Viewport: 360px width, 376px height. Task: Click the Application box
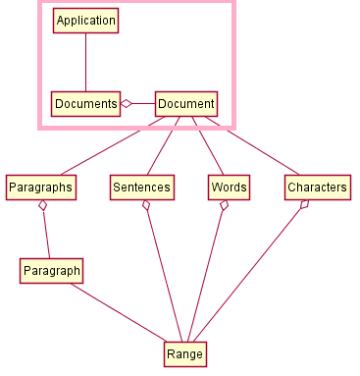point(85,21)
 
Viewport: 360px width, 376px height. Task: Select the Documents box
point(85,103)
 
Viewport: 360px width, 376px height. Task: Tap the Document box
point(185,103)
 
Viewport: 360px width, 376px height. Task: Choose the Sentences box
point(141,187)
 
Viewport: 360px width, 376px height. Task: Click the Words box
point(229,187)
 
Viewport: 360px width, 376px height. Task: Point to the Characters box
point(317,187)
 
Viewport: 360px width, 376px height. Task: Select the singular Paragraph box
point(51,270)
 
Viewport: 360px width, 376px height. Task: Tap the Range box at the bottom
point(184,353)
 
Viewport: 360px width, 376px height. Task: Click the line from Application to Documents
point(85,62)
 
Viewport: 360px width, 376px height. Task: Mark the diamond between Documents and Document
point(126,103)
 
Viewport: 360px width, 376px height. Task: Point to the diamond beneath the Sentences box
point(146,206)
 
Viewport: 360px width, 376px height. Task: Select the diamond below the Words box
point(225,206)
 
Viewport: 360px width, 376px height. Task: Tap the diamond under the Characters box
point(304,205)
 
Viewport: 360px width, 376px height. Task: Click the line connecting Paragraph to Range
point(118,312)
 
